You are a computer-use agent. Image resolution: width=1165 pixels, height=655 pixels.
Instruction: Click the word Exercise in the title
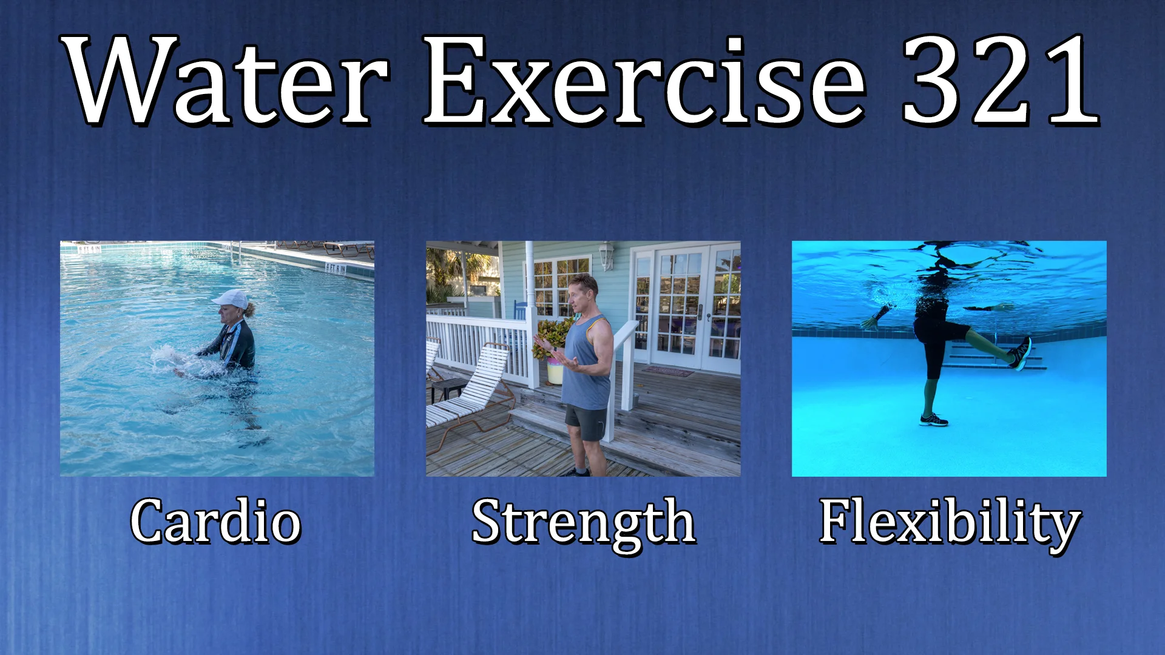643,81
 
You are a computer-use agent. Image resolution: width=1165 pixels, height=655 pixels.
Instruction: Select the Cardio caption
216,522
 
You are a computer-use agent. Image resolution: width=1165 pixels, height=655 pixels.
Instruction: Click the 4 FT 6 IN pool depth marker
336,267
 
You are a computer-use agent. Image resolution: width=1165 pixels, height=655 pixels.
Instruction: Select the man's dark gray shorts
586,423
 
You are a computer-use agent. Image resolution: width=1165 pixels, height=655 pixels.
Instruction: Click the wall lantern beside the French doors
606,255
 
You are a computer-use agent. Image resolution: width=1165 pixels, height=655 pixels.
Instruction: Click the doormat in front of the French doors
667,371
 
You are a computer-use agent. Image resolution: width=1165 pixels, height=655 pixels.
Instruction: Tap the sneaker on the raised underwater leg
1020,354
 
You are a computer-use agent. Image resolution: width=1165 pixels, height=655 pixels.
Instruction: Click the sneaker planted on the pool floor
933,420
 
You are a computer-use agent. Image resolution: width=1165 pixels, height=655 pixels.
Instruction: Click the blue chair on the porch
521,309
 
